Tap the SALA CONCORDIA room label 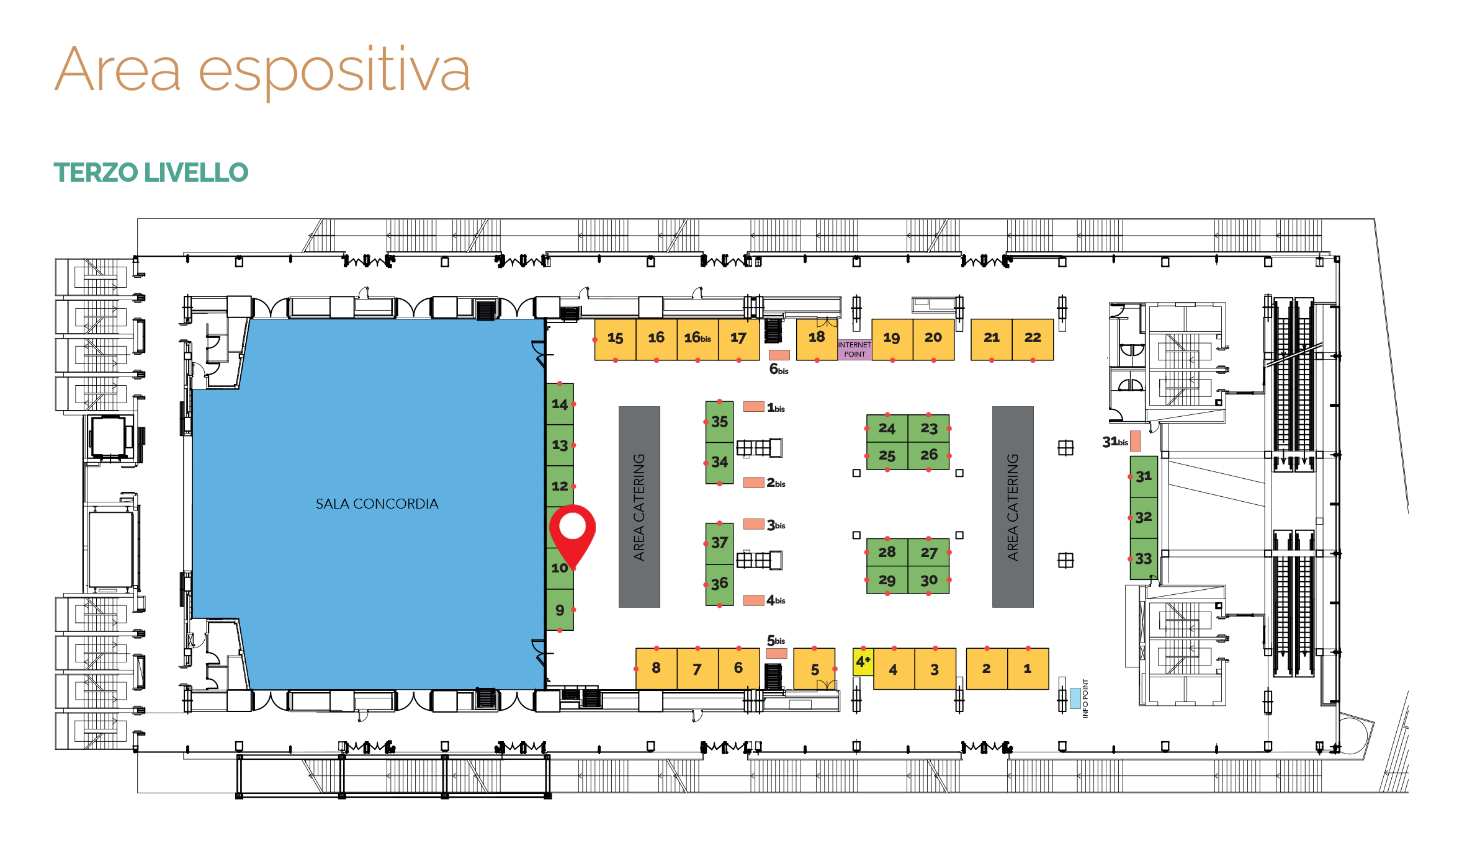377,504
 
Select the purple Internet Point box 854,350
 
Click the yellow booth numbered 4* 863,662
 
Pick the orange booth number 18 817,339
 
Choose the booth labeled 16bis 697,339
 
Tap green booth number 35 719,422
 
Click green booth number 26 928,456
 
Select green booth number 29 887,580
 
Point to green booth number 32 1144,517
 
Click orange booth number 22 1033,339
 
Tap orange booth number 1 1028,669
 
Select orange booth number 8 656,669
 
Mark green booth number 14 560,404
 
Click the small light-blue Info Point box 1075,698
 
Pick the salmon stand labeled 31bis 1135,441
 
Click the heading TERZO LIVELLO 151,172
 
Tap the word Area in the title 118,70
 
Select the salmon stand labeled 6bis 779,355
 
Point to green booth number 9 560,610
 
